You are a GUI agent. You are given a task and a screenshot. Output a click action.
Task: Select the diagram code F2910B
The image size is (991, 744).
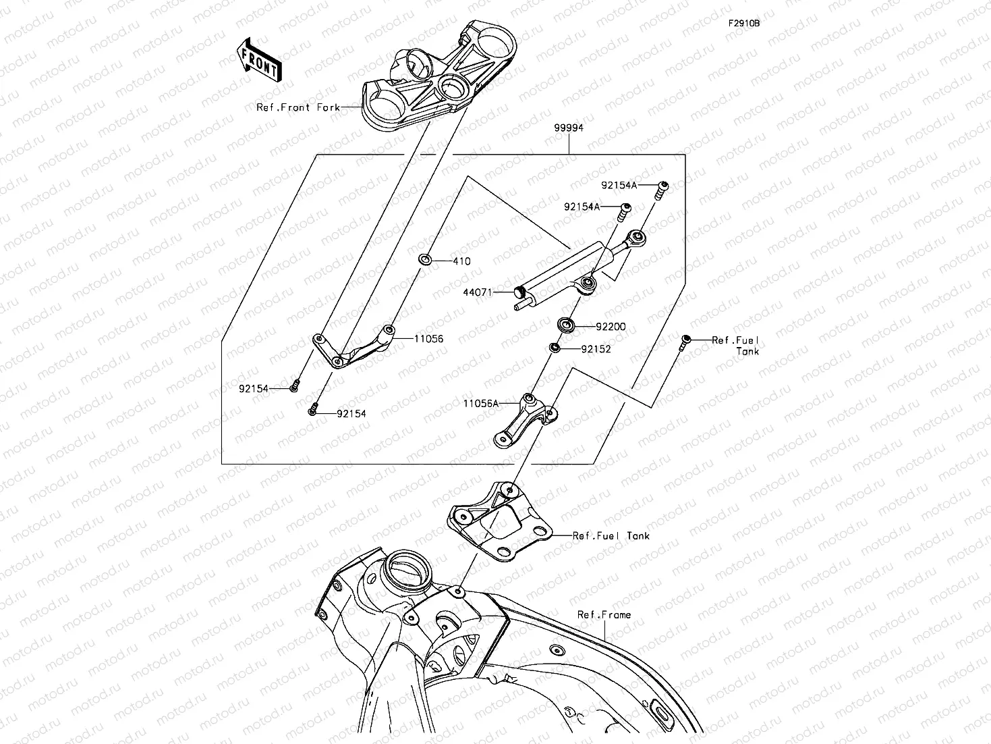point(743,23)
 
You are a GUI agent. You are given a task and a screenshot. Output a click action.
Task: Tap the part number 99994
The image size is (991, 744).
point(569,128)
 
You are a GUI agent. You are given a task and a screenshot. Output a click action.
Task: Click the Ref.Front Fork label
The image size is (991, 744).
point(298,107)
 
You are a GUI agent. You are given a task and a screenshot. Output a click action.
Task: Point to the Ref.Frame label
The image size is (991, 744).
point(604,614)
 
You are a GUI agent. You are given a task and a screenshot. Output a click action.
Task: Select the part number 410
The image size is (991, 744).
point(461,261)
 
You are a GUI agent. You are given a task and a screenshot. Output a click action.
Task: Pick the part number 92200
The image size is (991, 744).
point(610,327)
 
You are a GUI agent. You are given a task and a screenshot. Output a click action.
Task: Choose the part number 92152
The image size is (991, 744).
point(596,349)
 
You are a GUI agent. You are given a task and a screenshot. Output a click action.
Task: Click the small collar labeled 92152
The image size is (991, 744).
point(554,348)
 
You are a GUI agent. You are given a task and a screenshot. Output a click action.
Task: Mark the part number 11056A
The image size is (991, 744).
point(480,403)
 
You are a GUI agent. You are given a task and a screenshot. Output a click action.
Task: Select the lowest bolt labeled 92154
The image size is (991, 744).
point(312,408)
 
